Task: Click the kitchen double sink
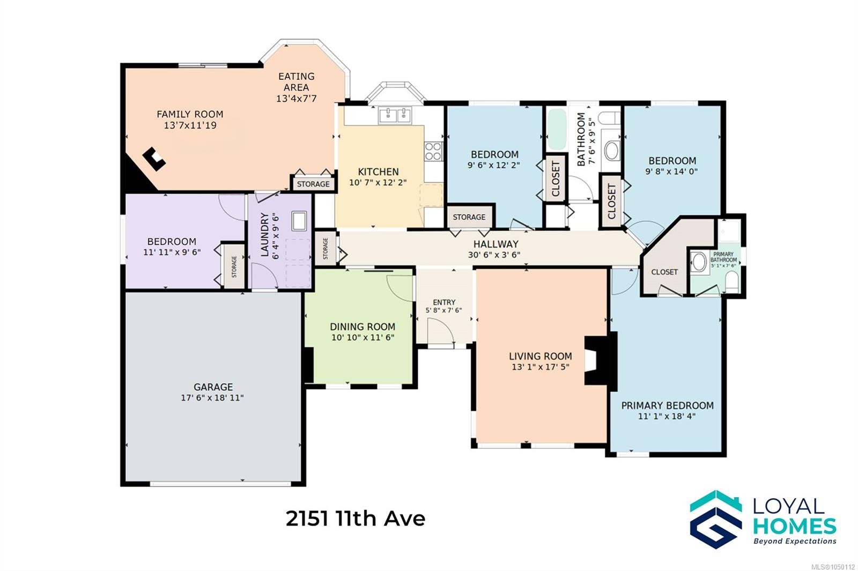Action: click(x=395, y=115)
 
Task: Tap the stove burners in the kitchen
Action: click(x=433, y=151)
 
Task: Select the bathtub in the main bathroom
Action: click(x=557, y=129)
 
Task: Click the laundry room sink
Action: click(x=299, y=221)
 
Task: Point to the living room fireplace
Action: click(x=600, y=361)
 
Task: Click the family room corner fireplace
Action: click(x=154, y=159)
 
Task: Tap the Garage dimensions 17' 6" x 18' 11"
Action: click(x=212, y=397)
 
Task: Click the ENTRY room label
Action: click(x=444, y=302)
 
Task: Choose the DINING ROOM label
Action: click(x=363, y=327)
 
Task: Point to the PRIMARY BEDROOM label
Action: click(x=667, y=405)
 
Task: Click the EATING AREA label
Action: click(x=296, y=82)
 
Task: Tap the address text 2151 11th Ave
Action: click(x=355, y=519)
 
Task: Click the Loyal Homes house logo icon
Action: click(x=716, y=520)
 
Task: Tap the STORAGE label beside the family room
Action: click(x=313, y=184)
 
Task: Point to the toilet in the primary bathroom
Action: click(x=731, y=281)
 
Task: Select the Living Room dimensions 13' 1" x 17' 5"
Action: click(x=541, y=367)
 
